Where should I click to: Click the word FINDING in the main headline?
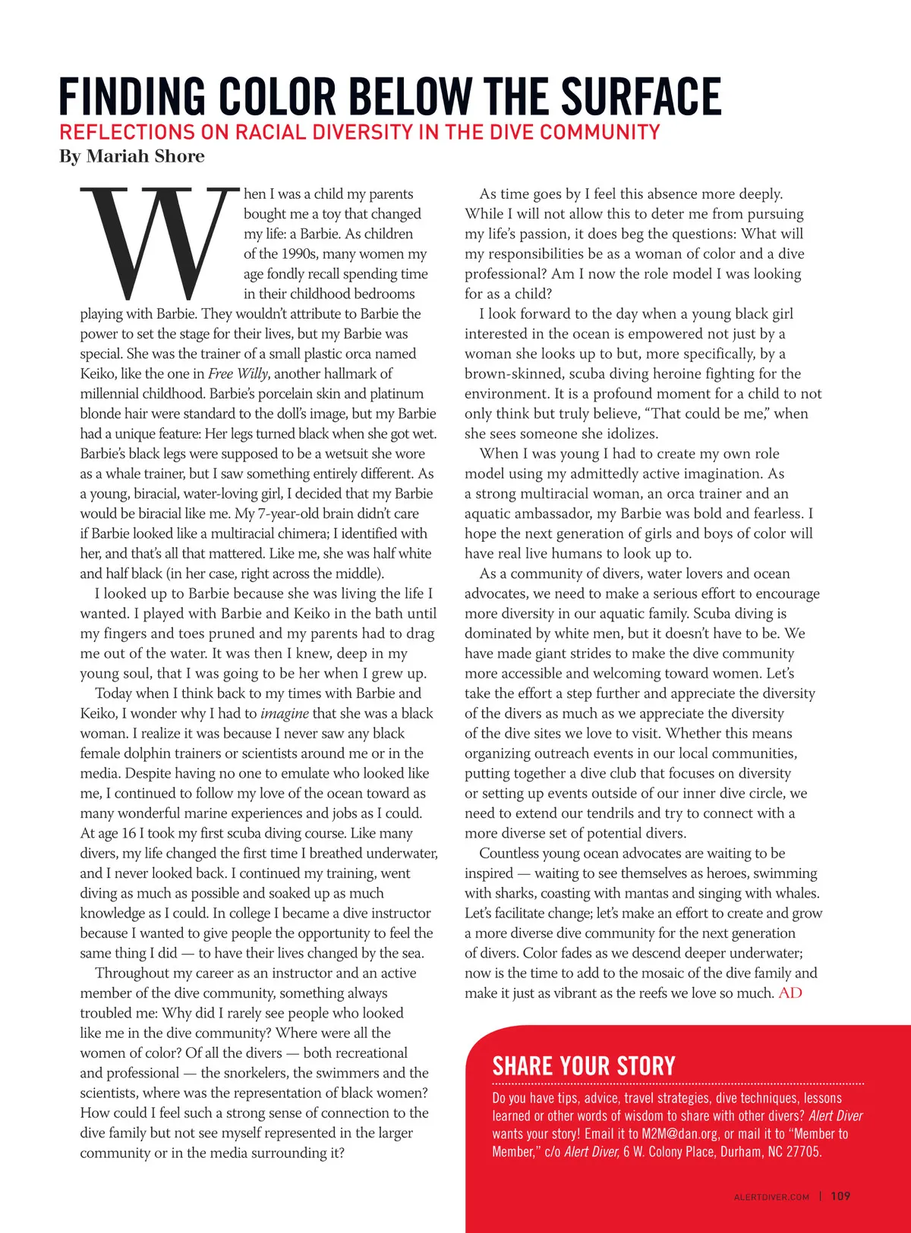[133, 96]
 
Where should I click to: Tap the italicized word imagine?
[284, 713]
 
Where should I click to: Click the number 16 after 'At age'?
[128, 833]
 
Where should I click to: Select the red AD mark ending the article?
[790, 993]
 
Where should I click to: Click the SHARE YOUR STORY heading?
[583, 1066]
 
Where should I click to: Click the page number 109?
[840, 1197]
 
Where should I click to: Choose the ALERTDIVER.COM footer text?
[771, 1197]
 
